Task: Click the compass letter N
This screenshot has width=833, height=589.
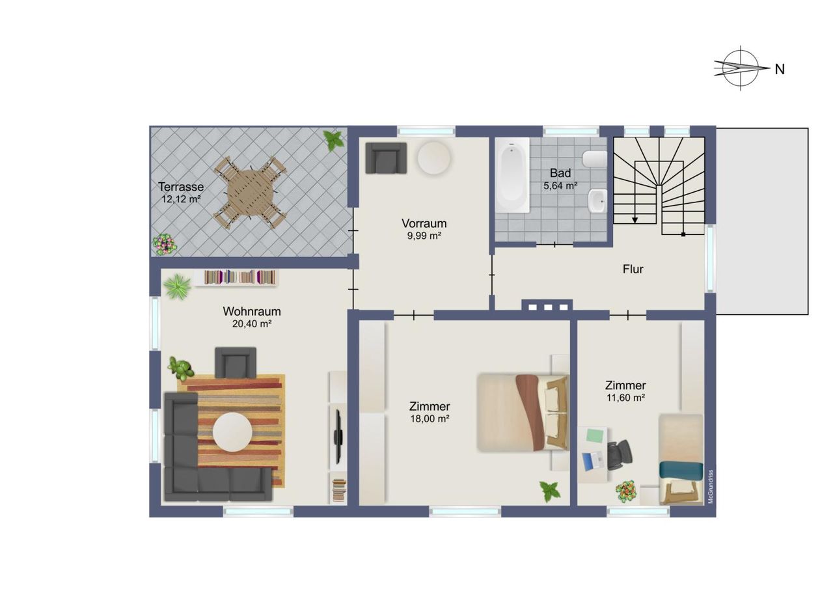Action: pyautogui.click(x=780, y=69)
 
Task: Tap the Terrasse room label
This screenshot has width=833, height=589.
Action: pyautogui.click(x=181, y=187)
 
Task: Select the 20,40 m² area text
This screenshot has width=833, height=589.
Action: pyautogui.click(x=252, y=324)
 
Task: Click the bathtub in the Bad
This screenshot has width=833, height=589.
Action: pyautogui.click(x=512, y=175)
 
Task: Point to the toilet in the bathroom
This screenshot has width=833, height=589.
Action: pyautogui.click(x=595, y=159)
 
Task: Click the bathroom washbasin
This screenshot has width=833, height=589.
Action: pyautogui.click(x=597, y=201)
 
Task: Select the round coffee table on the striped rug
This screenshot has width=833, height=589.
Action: pyautogui.click(x=232, y=432)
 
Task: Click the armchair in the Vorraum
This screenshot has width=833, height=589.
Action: pyautogui.click(x=386, y=158)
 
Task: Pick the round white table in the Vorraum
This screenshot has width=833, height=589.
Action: pyautogui.click(x=434, y=158)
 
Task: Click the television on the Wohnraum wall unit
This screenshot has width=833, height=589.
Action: pyautogui.click(x=338, y=436)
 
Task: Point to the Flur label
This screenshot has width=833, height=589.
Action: pyautogui.click(x=633, y=269)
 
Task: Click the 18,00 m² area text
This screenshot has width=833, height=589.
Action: pyautogui.click(x=430, y=418)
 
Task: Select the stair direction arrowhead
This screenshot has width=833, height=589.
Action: pyautogui.click(x=635, y=220)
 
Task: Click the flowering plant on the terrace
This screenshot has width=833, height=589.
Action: pyautogui.click(x=165, y=244)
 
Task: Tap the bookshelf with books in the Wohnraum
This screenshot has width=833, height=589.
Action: pyautogui.click(x=240, y=278)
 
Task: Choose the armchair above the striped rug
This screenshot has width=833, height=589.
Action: pyautogui.click(x=236, y=363)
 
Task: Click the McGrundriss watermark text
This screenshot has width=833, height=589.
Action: pyautogui.click(x=711, y=487)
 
